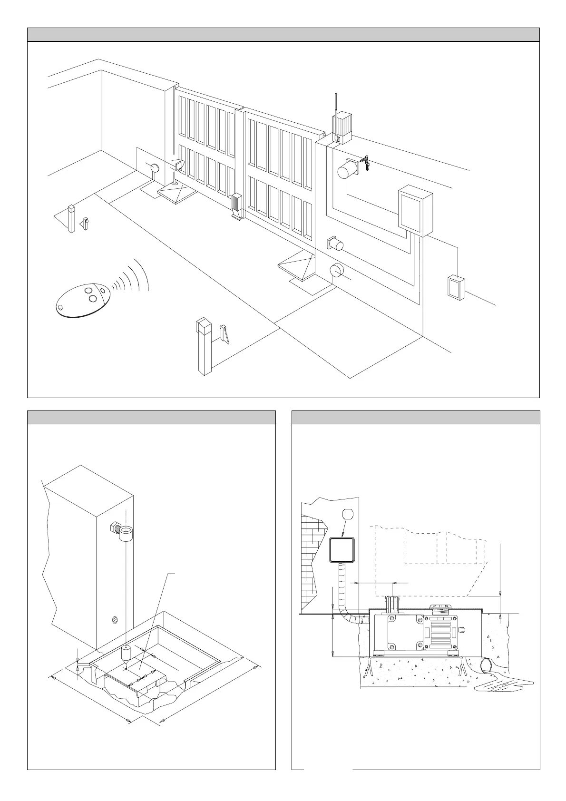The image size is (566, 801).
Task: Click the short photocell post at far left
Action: click(71, 219)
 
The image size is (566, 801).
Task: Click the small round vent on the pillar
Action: click(114, 620)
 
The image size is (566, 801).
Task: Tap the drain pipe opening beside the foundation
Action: click(488, 665)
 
